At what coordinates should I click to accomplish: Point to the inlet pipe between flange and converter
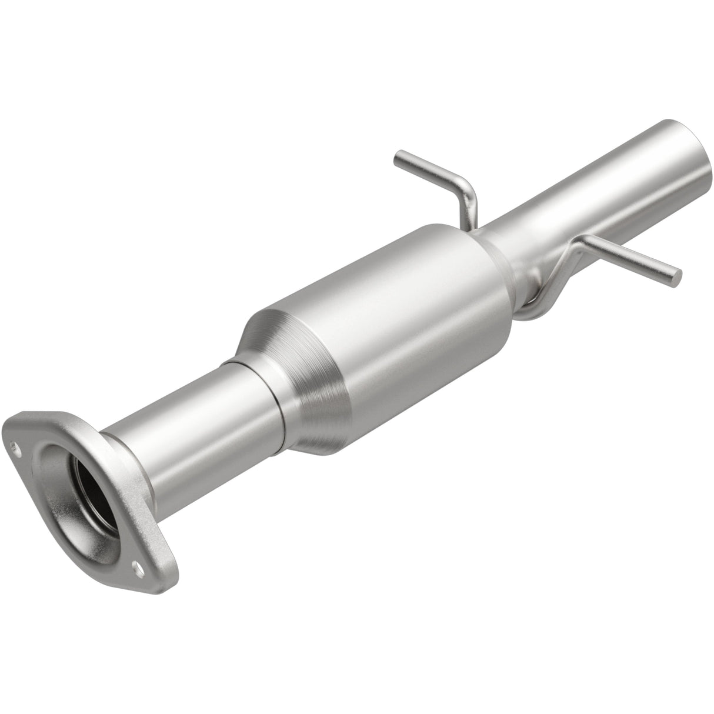pyautogui.click(x=194, y=429)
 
